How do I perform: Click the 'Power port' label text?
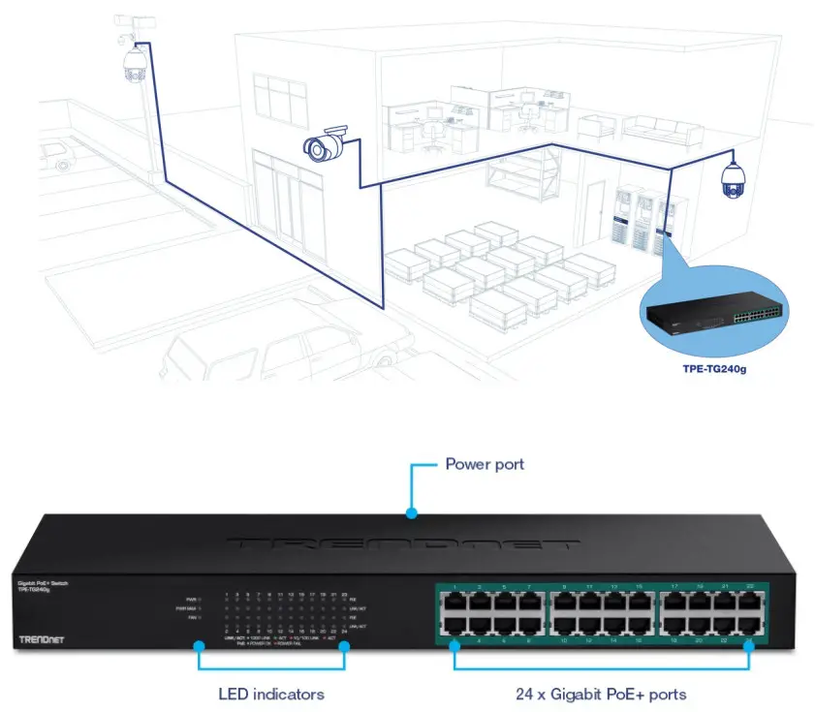[484, 464]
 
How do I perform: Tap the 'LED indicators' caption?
[270, 694]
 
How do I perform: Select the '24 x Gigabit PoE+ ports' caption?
[601, 694]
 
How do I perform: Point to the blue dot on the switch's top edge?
[412, 513]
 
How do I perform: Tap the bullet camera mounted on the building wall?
[325, 144]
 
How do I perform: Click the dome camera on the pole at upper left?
[133, 65]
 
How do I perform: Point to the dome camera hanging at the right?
[732, 180]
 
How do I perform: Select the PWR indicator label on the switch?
[191, 600]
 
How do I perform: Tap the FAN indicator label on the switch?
[192, 617]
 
